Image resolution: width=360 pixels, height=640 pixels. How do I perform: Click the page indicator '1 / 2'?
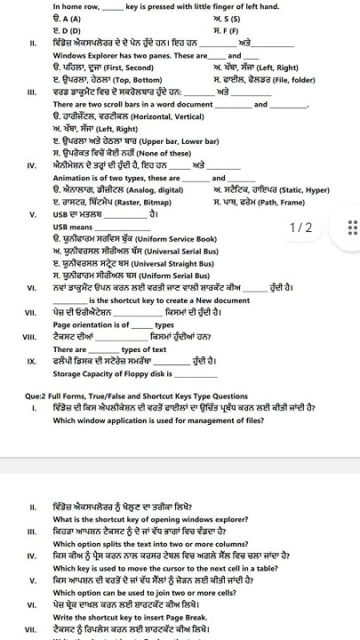pos(301,228)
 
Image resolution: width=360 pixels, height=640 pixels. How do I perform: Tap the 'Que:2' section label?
pos(41,396)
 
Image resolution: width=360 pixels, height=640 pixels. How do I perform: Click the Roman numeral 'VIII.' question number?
pos(33,338)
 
